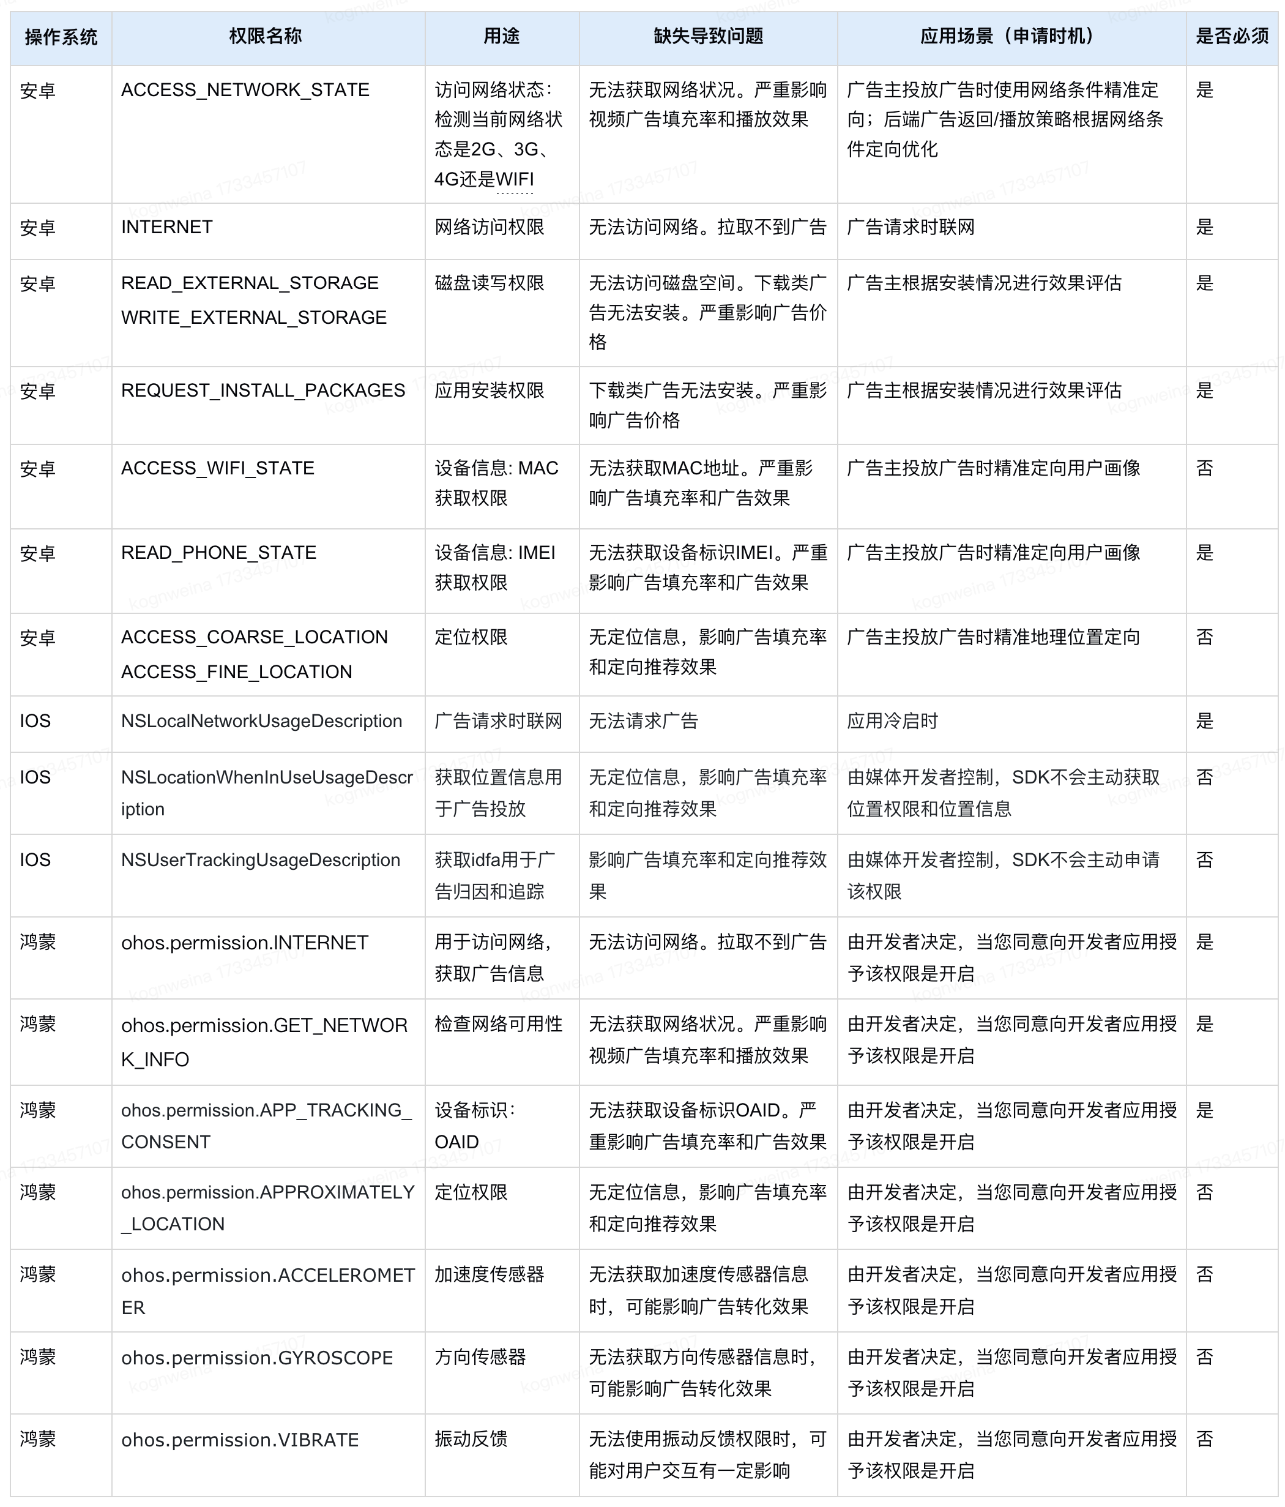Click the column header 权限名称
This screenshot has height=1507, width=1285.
coord(266,36)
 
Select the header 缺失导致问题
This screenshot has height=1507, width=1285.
coord(709,36)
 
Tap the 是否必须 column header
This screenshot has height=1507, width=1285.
coord(1232,36)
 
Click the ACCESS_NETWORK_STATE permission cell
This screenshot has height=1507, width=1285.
coord(245,90)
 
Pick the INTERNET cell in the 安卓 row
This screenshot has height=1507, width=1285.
coord(166,227)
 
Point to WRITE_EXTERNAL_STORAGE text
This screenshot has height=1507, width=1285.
coord(254,318)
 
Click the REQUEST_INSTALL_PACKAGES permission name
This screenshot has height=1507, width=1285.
coord(263,391)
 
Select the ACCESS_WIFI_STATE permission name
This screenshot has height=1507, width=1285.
coord(217,468)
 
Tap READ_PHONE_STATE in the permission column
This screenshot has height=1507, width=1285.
coord(218,553)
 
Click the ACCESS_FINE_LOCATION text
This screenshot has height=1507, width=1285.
coord(236,672)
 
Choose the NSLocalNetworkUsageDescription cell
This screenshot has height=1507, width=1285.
coord(261,721)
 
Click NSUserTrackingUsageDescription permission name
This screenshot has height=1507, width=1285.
coord(260,859)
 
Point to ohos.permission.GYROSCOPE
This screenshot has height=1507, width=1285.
coord(257,1358)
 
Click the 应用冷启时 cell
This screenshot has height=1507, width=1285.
coord(892,721)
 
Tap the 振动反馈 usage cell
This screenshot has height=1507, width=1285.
coord(471,1438)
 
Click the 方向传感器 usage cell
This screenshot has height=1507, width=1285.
coord(480,1357)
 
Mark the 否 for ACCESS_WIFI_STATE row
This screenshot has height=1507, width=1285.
coord(1204,468)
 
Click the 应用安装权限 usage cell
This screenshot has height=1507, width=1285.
coord(490,391)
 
